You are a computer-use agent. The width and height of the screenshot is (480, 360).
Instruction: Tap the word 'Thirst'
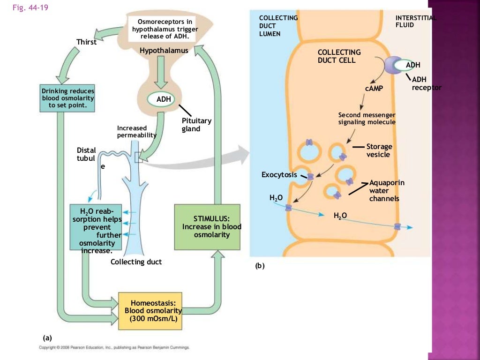pos(86,42)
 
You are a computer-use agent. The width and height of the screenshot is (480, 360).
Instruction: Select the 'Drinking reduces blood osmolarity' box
pos(68,99)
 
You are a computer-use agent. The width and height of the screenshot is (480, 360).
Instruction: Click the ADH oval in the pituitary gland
pos(160,99)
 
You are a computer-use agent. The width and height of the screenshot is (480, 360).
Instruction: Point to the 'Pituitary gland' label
pos(196,125)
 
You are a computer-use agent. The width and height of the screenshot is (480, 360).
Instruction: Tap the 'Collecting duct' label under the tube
pos(136,262)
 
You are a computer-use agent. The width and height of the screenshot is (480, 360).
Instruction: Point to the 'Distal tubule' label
pos(87,155)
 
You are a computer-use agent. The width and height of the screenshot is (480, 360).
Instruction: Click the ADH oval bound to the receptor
pos(413,65)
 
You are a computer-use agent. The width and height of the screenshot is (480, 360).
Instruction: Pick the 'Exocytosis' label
pos(279,175)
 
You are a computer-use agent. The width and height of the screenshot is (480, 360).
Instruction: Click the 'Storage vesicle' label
pos(379,150)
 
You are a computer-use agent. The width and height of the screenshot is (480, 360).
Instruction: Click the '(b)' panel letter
pos(260,266)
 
